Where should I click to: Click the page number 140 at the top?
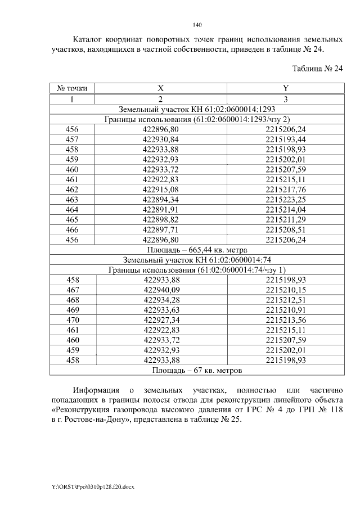coord(197,25)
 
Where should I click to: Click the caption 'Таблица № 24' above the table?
coord(317,69)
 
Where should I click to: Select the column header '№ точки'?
coord(72,88)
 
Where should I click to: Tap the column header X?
coord(160,88)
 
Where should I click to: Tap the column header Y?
coord(285,88)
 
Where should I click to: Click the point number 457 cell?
coord(72,139)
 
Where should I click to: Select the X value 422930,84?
coord(160,139)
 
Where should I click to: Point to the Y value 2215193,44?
coord(285,139)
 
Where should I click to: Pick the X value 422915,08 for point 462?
coord(160,190)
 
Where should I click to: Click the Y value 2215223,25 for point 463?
coord(285,200)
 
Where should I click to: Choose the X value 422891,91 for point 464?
coord(160,210)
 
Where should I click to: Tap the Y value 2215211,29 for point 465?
coord(285,220)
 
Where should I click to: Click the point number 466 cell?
coord(72,230)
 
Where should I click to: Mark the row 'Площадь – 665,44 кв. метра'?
coord(197,250)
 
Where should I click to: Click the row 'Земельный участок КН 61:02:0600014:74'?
coord(197,260)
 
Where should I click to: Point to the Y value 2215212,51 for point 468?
coord(286,300)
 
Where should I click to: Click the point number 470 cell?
coord(73,320)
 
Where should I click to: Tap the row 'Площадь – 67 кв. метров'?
coord(197,371)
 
